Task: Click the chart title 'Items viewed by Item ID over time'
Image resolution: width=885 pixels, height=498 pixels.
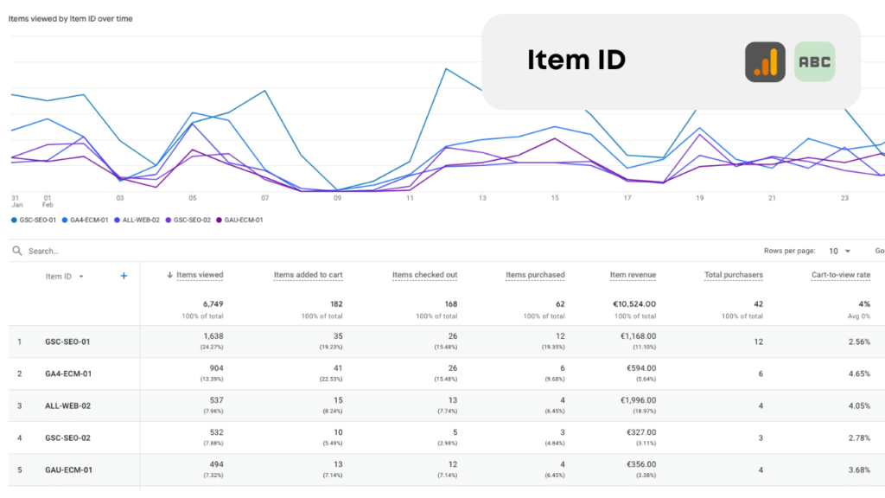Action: (71, 18)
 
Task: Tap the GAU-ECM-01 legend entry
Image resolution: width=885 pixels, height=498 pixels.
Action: (243, 220)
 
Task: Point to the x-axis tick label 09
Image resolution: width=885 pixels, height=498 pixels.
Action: (337, 198)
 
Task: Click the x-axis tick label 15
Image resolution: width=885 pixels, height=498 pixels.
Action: (555, 198)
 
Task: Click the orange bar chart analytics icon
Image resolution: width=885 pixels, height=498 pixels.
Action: (765, 62)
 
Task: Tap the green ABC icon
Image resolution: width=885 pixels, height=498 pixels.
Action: (814, 62)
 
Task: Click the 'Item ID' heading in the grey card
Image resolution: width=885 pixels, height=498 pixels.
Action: (576, 61)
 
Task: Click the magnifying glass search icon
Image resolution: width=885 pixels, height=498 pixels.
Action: (16, 251)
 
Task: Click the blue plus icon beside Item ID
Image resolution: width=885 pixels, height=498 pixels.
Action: (124, 276)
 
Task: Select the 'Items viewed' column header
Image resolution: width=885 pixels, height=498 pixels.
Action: (200, 275)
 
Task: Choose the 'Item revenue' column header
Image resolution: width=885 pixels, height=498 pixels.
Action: (633, 275)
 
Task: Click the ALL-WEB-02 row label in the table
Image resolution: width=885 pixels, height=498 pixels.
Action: (67, 405)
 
